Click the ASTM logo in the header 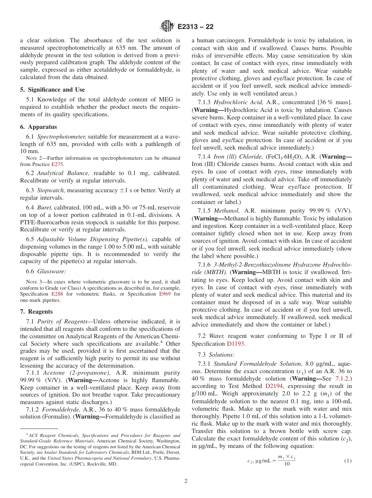(168, 27)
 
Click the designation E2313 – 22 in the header (195, 27)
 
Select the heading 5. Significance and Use (52, 90)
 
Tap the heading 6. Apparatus (38, 127)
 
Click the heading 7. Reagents (36, 312)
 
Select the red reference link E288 (58, 294)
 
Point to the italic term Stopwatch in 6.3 (51, 190)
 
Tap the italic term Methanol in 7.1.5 (226, 211)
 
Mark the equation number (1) (348, 461)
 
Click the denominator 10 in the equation (287, 464)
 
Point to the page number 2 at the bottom (186, 481)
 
